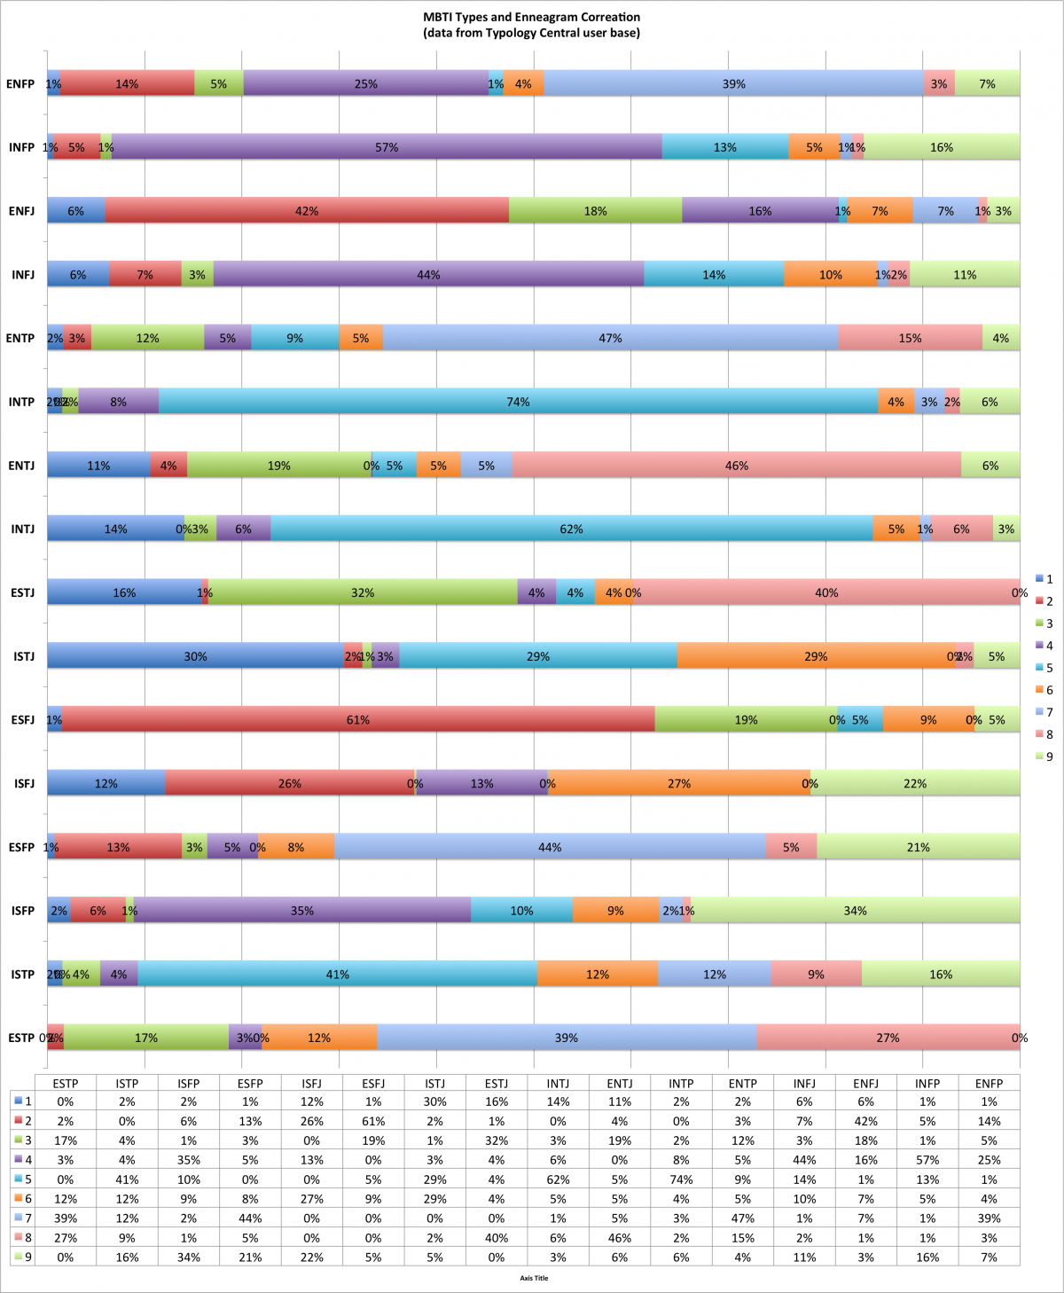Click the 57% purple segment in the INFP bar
[387, 147]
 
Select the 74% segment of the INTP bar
[518, 402]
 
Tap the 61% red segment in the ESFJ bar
[358, 720]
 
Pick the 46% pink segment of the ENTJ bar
[736, 466]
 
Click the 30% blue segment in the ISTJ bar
[195, 656]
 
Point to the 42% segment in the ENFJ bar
[307, 211]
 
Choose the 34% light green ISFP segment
[855, 911]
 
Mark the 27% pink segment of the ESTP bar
[888, 1038]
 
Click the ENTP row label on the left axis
[20, 338]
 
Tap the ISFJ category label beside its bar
[24, 784]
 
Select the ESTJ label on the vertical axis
[21, 592]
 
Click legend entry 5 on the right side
[1044, 668]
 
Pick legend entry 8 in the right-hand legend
[1044, 734]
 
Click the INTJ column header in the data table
[558, 1084]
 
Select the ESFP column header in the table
[250, 1084]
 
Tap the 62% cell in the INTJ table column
[558, 1179]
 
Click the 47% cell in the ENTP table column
[743, 1219]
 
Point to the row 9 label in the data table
[23, 1257]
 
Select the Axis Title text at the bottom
[534, 1278]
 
